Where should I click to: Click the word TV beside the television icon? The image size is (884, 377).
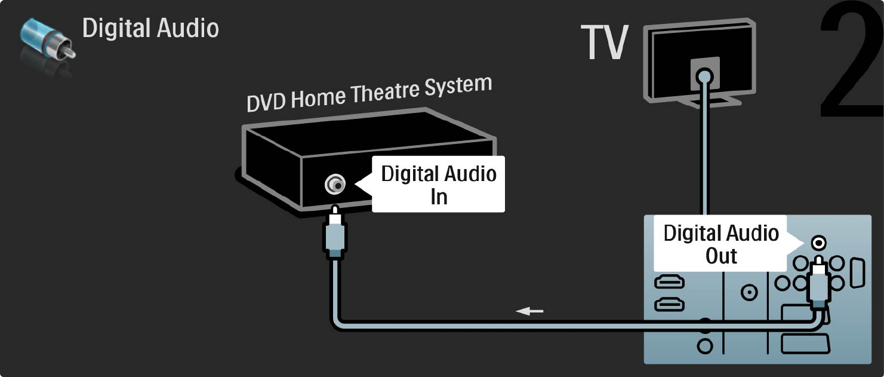605,43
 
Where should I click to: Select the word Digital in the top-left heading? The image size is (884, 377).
114,28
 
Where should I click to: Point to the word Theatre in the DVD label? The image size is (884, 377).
388,93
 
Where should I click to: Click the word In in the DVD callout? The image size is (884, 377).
439,197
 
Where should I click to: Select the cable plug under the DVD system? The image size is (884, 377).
335,235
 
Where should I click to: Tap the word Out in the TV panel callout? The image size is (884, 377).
721,256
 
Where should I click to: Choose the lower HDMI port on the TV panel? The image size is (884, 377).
670,305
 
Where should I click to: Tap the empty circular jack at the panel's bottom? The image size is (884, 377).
705,345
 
